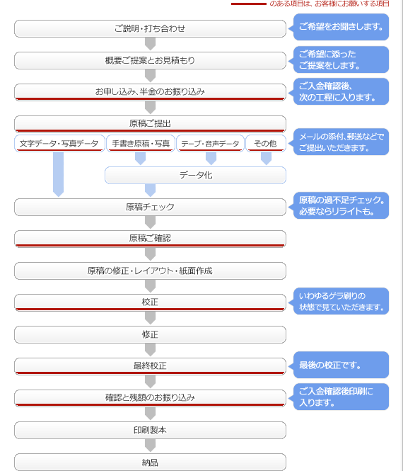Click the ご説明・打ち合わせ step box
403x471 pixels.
click(x=150, y=28)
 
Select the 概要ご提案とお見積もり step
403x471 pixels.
click(x=150, y=60)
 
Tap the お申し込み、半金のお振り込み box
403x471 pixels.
click(x=150, y=92)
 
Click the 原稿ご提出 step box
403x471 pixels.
click(x=150, y=124)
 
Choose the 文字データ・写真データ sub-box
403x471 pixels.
click(x=59, y=144)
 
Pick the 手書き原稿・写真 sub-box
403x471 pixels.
click(x=141, y=144)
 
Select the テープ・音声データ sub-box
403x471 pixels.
click(x=210, y=144)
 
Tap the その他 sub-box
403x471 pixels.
click(x=266, y=144)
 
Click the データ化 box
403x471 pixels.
click(x=196, y=175)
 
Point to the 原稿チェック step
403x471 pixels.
click(x=150, y=207)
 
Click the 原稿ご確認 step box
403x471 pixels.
click(x=150, y=239)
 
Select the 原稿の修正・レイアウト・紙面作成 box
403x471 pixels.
click(x=150, y=271)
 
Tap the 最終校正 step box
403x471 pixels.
click(x=150, y=366)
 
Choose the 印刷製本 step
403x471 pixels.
click(x=150, y=430)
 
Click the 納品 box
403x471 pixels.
click(x=150, y=462)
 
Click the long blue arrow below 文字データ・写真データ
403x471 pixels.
click(x=58, y=174)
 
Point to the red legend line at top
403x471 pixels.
click(x=249, y=4)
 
